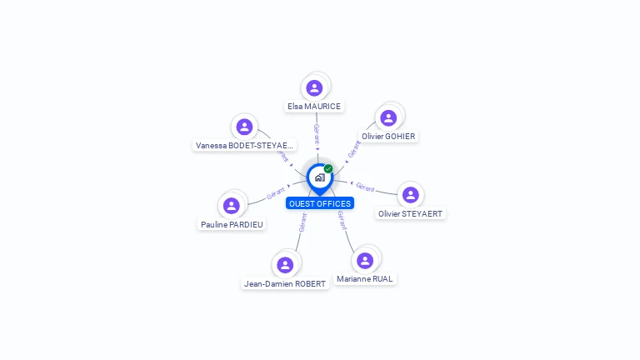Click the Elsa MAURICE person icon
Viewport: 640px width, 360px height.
(x=314, y=87)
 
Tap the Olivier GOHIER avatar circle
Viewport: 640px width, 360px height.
(x=388, y=117)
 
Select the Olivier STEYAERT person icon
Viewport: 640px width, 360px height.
(x=410, y=195)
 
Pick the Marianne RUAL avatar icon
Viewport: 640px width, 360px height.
(x=365, y=260)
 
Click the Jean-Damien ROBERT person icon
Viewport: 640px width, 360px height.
(x=285, y=265)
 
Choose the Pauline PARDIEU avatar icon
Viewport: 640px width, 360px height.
(x=232, y=205)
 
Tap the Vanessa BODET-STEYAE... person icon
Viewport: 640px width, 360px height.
(x=244, y=127)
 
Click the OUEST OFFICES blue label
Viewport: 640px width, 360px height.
(x=320, y=203)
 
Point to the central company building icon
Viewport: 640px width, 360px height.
(x=319, y=177)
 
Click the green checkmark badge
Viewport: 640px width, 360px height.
(x=328, y=168)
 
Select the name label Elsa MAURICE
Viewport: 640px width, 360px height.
(x=314, y=107)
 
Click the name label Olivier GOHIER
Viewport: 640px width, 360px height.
(x=388, y=137)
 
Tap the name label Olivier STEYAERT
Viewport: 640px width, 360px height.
(x=411, y=214)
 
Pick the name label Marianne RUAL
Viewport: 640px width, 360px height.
(x=365, y=279)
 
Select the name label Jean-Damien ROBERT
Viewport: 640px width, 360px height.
(x=285, y=284)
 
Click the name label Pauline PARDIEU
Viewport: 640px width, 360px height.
(x=232, y=224)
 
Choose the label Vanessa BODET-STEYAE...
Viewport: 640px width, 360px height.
(x=244, y=146)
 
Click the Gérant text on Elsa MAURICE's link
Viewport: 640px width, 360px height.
(x=317, y=133)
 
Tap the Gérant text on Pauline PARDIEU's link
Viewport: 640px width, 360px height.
(x=276, y=193)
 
